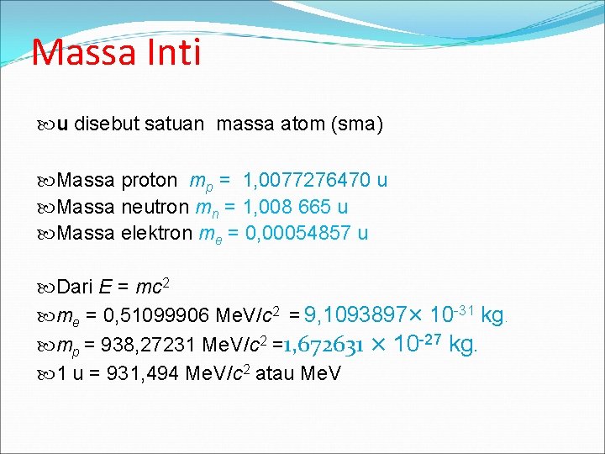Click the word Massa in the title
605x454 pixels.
click(83, 52)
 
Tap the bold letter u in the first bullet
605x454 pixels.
click(63, 126)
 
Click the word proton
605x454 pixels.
click(149, 181)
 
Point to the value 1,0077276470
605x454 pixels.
click(306, 181)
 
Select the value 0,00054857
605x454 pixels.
click(298, 233)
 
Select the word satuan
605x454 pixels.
click(174, 125)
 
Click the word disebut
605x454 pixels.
click(105, 125)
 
